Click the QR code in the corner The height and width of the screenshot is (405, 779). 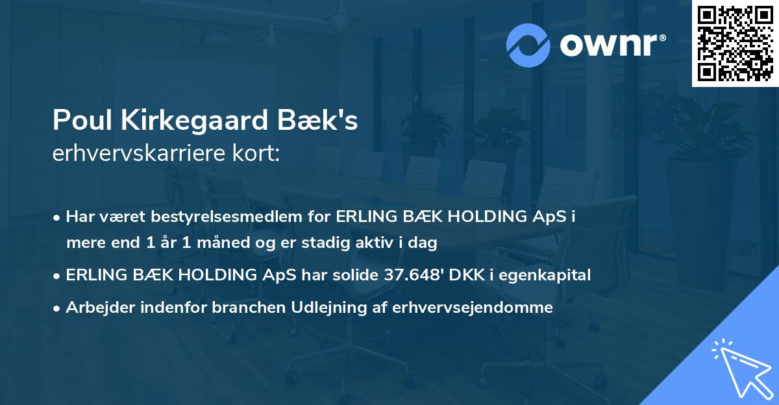pos(735,43)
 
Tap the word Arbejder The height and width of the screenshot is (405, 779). pos(97,308)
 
